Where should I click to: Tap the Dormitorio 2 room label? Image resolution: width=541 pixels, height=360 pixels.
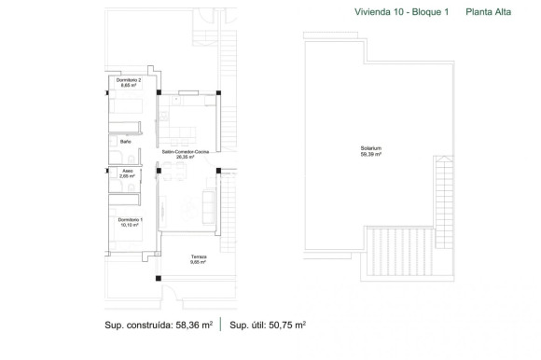[117, 81]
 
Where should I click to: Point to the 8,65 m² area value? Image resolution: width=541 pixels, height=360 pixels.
[117, 87]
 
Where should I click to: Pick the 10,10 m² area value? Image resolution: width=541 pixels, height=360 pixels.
[129, 225]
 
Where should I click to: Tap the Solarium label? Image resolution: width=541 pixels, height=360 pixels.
[372, 149]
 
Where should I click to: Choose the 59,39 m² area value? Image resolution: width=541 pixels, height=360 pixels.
[372, 155]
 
